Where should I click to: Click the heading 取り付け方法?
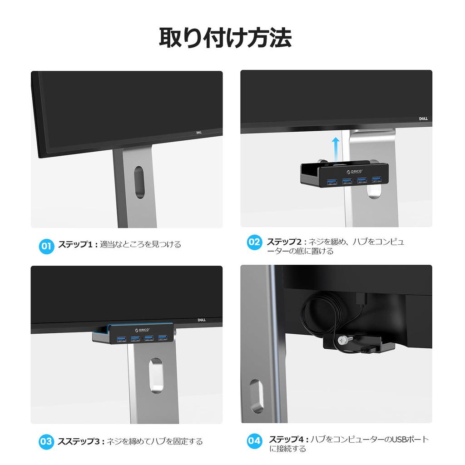(x=225, y=38)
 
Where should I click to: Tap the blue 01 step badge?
(x=46, y=246)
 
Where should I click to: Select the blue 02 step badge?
(x=254, y=242)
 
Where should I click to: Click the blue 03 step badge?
(x=46, y=441)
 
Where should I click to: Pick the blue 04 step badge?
(x=254, y=440)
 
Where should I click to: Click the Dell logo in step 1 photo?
(x=198, y=133)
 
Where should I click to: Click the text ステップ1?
(x=75, y=245)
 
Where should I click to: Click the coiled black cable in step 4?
(x=318, y=313)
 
